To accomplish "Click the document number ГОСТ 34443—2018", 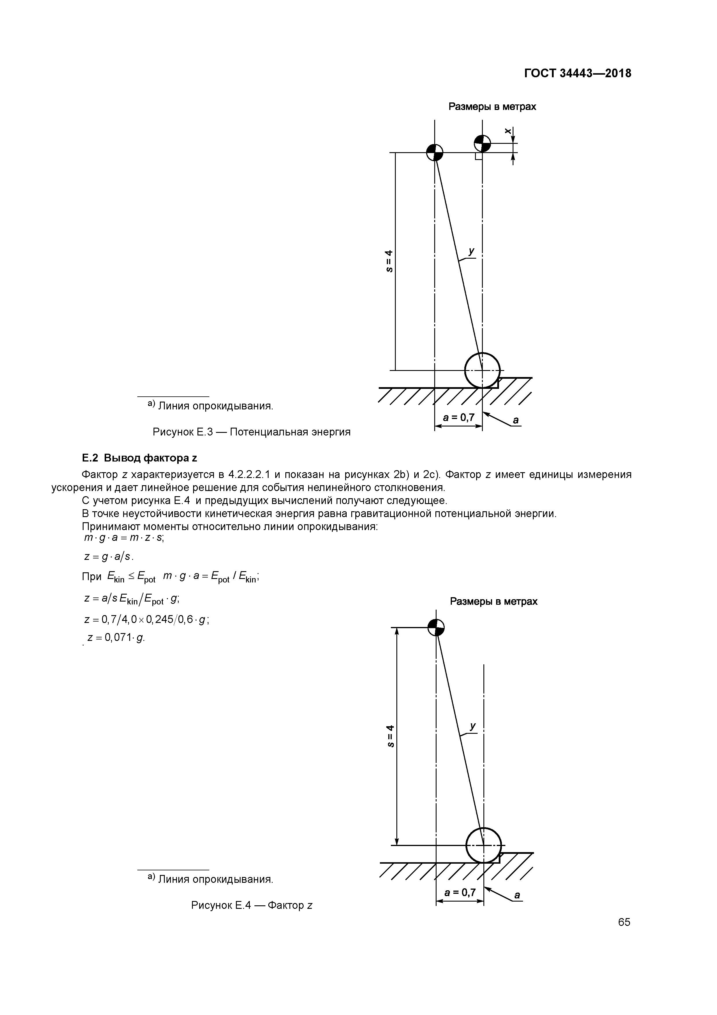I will [577, 73].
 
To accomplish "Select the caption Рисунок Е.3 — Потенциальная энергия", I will [251, 432].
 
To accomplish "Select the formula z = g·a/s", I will [109, 557].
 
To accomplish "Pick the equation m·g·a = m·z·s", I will [124, 538].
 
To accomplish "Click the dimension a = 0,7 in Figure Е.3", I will [459, 417].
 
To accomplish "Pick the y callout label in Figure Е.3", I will [471, 251].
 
